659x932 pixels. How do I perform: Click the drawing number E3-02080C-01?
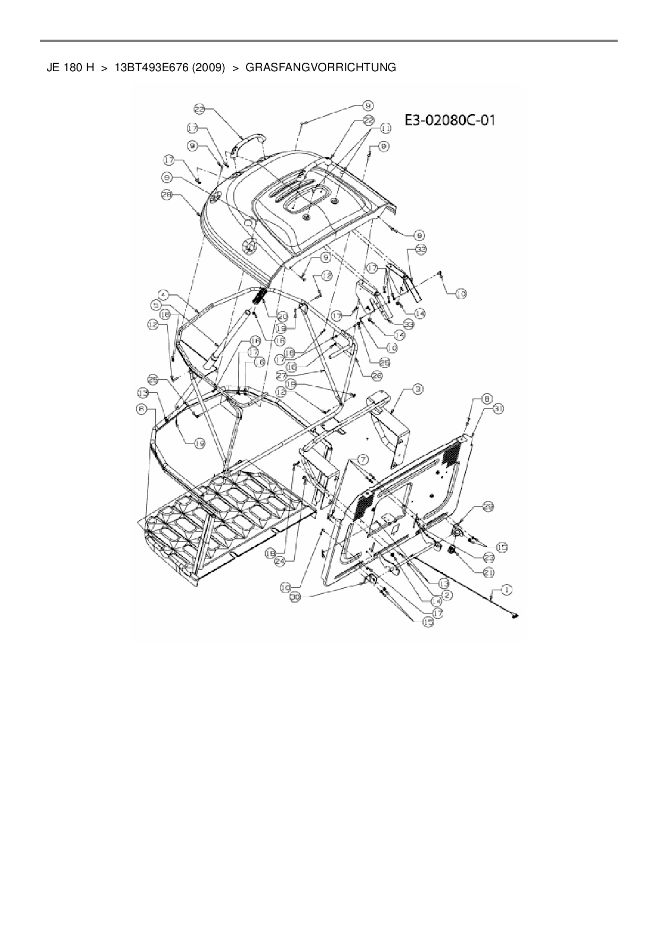click(450, 120)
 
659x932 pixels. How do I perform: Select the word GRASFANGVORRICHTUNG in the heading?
click(320, 67)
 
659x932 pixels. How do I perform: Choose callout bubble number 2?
click(447, 595)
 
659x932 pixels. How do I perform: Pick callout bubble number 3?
click(419, 389)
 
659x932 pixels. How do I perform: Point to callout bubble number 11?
click(385, 128)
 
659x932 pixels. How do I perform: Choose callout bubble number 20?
click(283, 316)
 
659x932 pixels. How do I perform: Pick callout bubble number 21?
click(488, 572)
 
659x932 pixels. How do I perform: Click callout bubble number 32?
click(421, 249)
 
